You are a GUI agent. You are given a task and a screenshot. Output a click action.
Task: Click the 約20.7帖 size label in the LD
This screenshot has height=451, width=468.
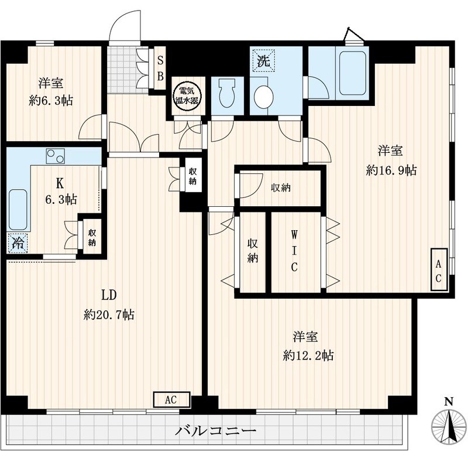tap(109, 315)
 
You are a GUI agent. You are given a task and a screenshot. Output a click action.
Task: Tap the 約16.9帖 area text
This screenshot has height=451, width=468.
tap(391, 170)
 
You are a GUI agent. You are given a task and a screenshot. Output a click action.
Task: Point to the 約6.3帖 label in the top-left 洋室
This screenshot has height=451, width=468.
tap(51, 100)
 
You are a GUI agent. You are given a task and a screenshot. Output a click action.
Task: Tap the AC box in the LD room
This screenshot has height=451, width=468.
tap(171, 400)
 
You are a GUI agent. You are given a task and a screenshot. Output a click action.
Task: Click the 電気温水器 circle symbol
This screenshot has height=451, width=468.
tap(187, 96)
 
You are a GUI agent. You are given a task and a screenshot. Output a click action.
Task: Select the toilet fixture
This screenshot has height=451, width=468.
tap(225, 94)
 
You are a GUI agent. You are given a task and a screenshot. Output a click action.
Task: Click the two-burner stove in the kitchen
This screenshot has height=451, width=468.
tap(56, 156)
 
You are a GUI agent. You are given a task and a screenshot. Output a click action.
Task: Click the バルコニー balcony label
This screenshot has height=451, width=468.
tap(216, 431)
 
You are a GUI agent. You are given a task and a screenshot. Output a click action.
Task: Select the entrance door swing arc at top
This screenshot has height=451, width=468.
tap(124, 26)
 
